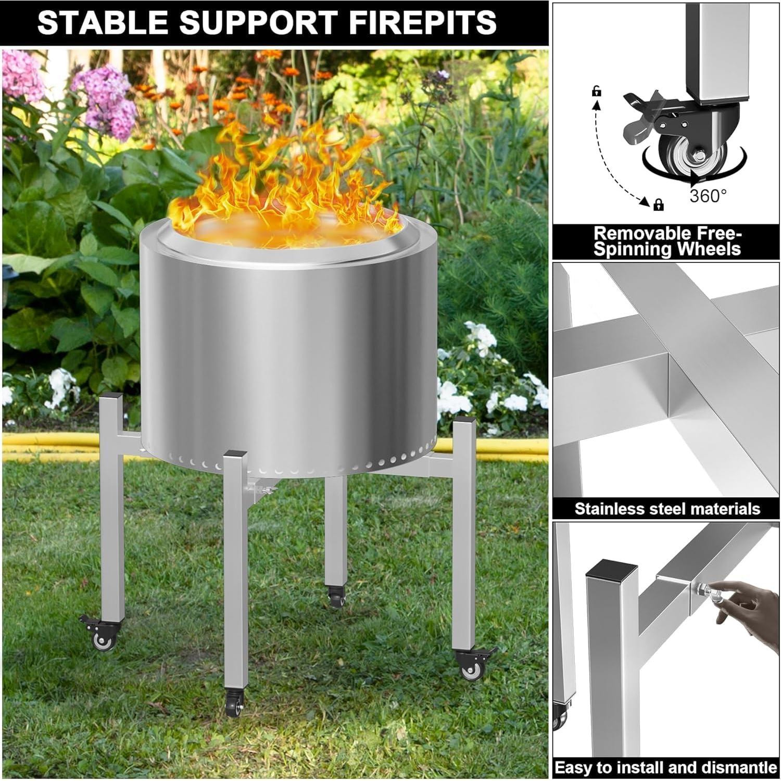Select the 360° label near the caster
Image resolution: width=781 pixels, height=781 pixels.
pos(708,196)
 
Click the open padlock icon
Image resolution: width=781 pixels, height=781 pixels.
pos(597,92)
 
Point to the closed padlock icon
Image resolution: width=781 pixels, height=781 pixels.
pos(659,204)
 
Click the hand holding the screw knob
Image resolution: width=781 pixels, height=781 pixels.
pos(750,599)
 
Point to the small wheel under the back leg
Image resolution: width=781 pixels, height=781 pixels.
pos(336,600)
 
